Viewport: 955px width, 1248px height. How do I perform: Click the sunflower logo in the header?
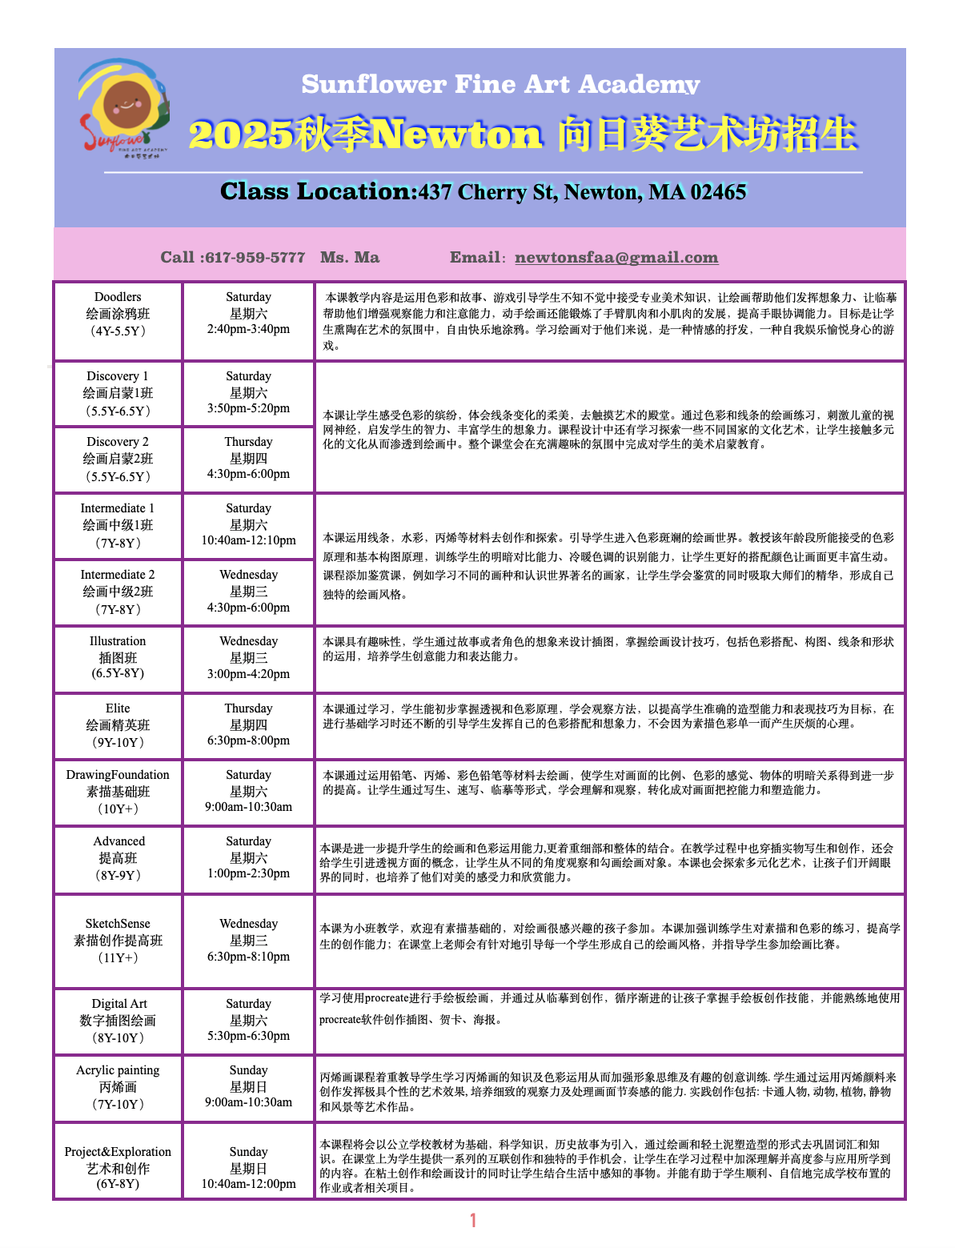click(x=124, y=109)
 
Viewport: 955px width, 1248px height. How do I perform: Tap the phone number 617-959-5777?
click(x=255, y=257)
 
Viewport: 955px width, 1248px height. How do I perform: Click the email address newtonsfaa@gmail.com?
click(x=616, y=257)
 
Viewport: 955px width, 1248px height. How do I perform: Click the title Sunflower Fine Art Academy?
click(x=500, y=84)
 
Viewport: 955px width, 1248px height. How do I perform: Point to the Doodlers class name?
click(x=118, y=297)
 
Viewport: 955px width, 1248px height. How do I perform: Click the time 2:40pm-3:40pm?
click(x=248, y=329)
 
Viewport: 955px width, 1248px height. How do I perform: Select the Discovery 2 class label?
click(x=118, y=442)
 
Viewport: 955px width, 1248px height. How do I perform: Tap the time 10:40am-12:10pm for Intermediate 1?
click(x=248, y=540)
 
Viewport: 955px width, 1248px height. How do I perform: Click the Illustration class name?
click(x=118, y=641)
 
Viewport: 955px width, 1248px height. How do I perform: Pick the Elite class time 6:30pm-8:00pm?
click(x=248, y=740)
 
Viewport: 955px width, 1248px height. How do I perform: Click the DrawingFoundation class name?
click(x=118, y=775)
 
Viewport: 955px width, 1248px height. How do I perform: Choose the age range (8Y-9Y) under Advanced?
click(x=118, y=875)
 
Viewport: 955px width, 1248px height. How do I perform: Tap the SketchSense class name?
click(x=118, y=924)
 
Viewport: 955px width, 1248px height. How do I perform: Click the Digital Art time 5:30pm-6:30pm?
click(x=248, y=1036)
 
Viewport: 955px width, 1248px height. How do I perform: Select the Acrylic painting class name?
click(x=118, y=1070)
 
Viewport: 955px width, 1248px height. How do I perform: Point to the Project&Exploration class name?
click(x=118, y=1152)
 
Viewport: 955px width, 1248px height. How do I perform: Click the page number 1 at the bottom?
click(x=473, y=1220)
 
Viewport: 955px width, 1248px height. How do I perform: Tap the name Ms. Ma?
click(x=350, y=257)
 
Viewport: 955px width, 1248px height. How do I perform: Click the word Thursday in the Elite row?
click(x=248, y=708)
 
